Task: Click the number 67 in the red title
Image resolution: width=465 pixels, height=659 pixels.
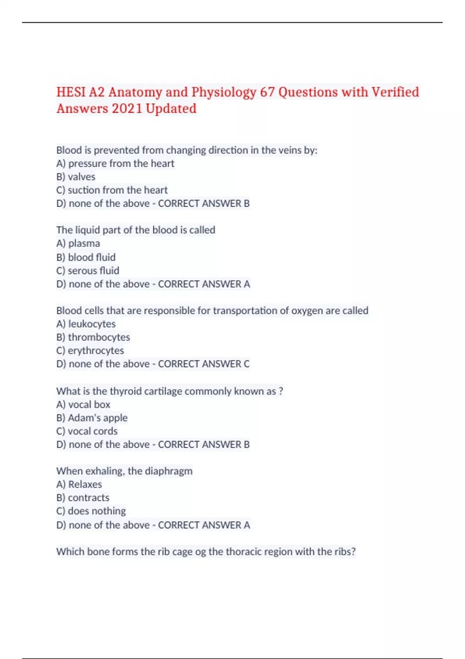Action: pos(267,92)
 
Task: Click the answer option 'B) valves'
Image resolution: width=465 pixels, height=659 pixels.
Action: pos(76,177)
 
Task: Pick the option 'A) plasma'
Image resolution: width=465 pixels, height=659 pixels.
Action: pos(78,243)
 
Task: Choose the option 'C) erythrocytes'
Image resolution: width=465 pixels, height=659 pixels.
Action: pos(90,350)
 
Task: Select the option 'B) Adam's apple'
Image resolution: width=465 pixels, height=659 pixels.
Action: pos(92,418)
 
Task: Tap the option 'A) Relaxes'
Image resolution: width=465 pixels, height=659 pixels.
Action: pos(79,485)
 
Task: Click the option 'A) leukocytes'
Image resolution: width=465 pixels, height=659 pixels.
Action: pos(86,324)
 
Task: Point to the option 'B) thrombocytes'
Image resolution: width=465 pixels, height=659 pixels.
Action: pos(93,337)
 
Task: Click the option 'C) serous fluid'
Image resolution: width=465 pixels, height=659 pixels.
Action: pos(88,271)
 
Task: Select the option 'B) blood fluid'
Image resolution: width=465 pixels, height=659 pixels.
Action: pos(86,257)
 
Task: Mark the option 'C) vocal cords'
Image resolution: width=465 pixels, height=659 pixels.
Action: pos(87,431)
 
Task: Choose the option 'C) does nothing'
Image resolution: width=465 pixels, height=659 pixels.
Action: pos(91,511)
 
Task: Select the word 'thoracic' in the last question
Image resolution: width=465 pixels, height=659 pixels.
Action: pos(244,552)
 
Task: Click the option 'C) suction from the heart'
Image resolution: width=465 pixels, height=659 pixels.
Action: pos(112,190)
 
